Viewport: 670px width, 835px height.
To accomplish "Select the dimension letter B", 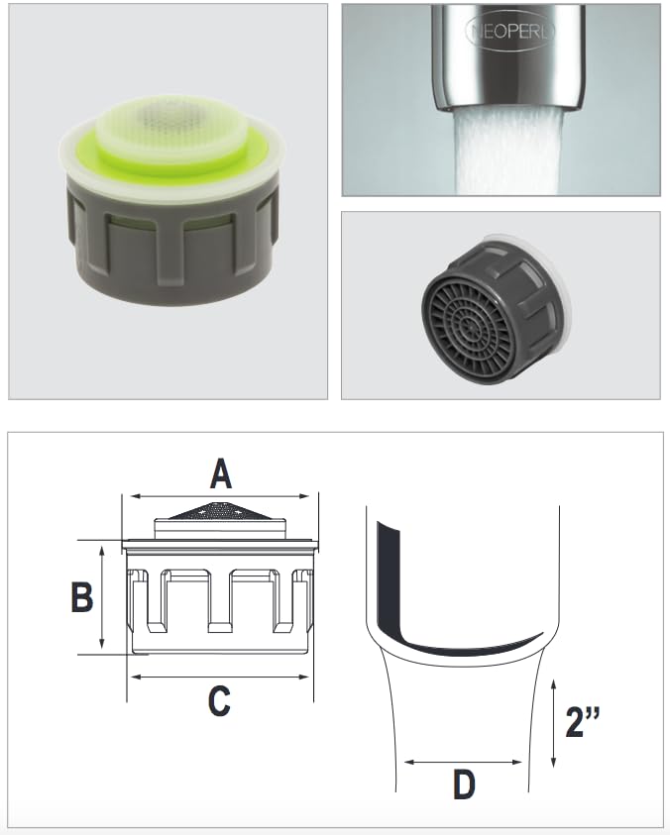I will pos(82,597).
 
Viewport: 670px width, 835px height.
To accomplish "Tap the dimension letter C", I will pos(219,701).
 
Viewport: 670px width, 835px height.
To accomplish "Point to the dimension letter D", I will pos(463,785).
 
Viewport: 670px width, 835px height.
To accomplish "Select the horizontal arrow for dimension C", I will pos(220,678).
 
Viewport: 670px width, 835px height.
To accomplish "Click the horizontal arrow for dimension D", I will pos(463,762).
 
